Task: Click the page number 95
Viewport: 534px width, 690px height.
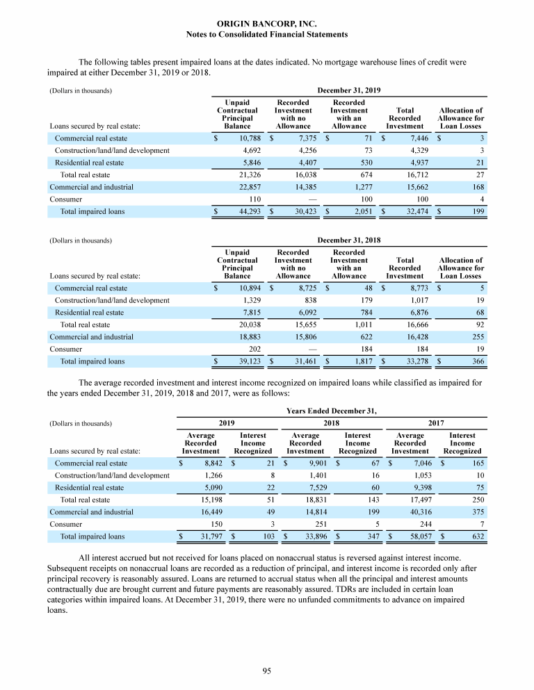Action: tap(266, 671)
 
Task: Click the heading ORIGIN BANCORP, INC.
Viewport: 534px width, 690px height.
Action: tap(267, 24)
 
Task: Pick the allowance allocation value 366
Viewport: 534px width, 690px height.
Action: tap(477, 361)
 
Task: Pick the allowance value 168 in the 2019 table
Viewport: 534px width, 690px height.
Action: tap(477, 187)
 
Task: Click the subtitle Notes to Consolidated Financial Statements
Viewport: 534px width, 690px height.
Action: tap(267, 34)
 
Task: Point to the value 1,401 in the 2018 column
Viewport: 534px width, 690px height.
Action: tap(307, 475)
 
